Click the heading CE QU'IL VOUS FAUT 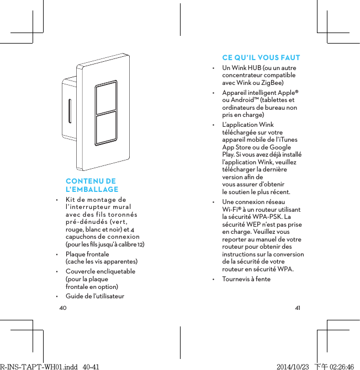[261, 58]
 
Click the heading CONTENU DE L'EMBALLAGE [92, 185]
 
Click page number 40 [62, 307]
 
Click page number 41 [298, 307]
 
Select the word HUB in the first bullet [255, 68]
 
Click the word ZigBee [273, 83]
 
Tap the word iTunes [289, 140]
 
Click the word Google [280, 148]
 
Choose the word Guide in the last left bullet [75, 297]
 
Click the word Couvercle [82, 272]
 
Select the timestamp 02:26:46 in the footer [341, 366]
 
